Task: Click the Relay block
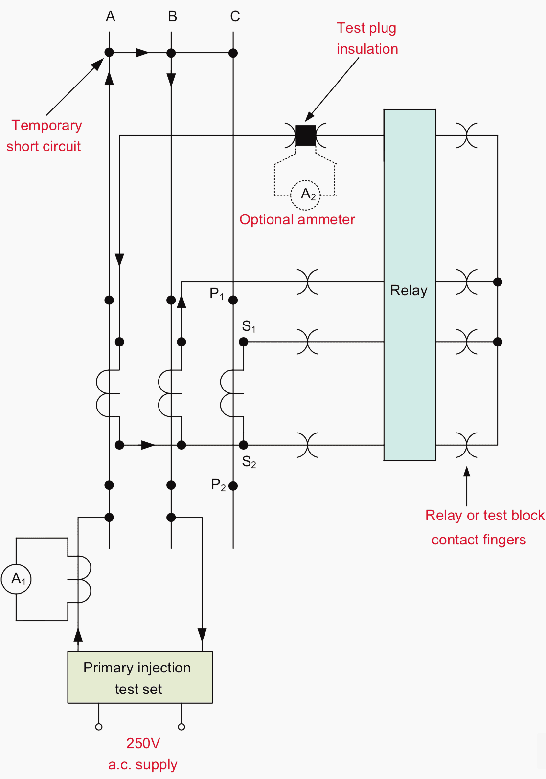(x=409, y=284)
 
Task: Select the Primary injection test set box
(x=140, y=677)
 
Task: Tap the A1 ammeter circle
(x=17, y=579)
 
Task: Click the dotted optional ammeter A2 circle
(x=305, y=195)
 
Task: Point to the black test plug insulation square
(x=305, y=135)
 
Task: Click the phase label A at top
(x=110, y=17)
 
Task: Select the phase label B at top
(x=172, y=17)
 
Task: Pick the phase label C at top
(x=235, y=17)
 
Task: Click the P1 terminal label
(x=216, y=294)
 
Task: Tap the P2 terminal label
(x=218, y=485)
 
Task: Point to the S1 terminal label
(x=249, y=326)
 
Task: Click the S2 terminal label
(x=249, y=461)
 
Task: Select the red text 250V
(x=143, y=743)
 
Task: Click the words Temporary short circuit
(x=45, y=136)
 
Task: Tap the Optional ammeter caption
(x=297, y=220)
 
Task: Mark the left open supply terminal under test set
(x=99, y=727)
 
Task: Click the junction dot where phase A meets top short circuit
(x=109, y=52)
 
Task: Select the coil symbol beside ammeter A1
(x=82, y=579)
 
